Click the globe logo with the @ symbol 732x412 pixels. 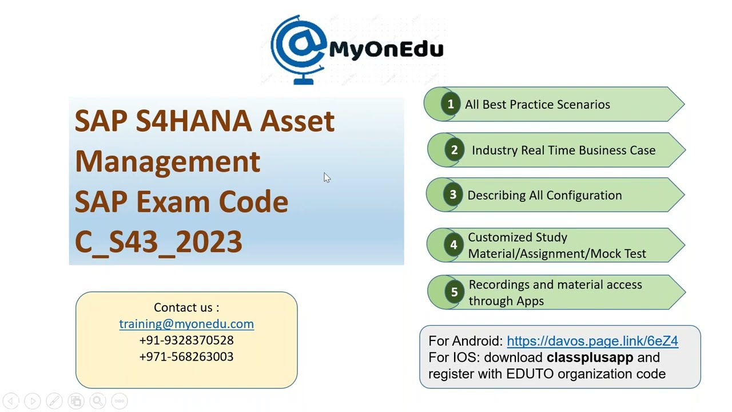point(299,49)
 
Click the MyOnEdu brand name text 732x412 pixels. point(386,49)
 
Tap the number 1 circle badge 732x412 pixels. point(451,104)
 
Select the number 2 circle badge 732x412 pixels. point(454,150)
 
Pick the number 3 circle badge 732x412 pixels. point(453,195)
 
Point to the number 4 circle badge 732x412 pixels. point(453,245)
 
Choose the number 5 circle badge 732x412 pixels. point(454,292)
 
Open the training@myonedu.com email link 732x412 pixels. point(186,324)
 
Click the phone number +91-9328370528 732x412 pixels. point(186,340)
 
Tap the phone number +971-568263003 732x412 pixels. point(186,356)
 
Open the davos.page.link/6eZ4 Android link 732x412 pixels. point(592,341)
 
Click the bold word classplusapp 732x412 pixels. point(590,358)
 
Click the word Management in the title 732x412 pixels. point(168,161)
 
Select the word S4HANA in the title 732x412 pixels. point(194,121)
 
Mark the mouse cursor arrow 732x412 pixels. point(327,177)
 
